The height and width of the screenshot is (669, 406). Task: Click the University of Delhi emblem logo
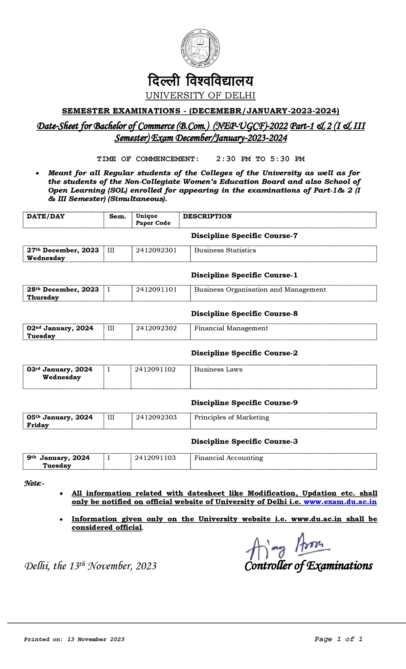click(200, 48)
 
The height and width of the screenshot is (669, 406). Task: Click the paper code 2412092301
click(156, 250)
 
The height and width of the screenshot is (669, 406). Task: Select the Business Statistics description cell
click(225, 250)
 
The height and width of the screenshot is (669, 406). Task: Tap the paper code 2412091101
click(156, 289)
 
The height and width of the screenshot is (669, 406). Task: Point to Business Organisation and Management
click(260, 289)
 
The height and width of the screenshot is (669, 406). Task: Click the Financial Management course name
click(231, 328)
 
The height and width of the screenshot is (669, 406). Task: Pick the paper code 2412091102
click(155, 369)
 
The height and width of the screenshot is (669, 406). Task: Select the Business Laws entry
click(218, 369)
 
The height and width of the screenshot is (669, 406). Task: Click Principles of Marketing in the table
click(231, 417)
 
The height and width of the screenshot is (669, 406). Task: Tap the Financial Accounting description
click(228, 458)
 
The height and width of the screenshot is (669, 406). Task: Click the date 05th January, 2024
click(60, 417)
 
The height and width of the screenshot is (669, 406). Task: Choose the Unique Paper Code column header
click(153, 219)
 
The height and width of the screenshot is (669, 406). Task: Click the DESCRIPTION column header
click(207, 216)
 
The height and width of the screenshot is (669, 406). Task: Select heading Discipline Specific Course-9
click(244, 403)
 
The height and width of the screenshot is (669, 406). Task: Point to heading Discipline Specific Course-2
click(244, 353)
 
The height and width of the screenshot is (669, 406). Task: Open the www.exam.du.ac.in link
click(340, 502)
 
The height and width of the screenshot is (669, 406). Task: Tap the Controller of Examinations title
click(308, 566)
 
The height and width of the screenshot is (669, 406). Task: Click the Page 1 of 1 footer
click(338, 639)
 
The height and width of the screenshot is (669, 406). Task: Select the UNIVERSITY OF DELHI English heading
click(200, 95)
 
